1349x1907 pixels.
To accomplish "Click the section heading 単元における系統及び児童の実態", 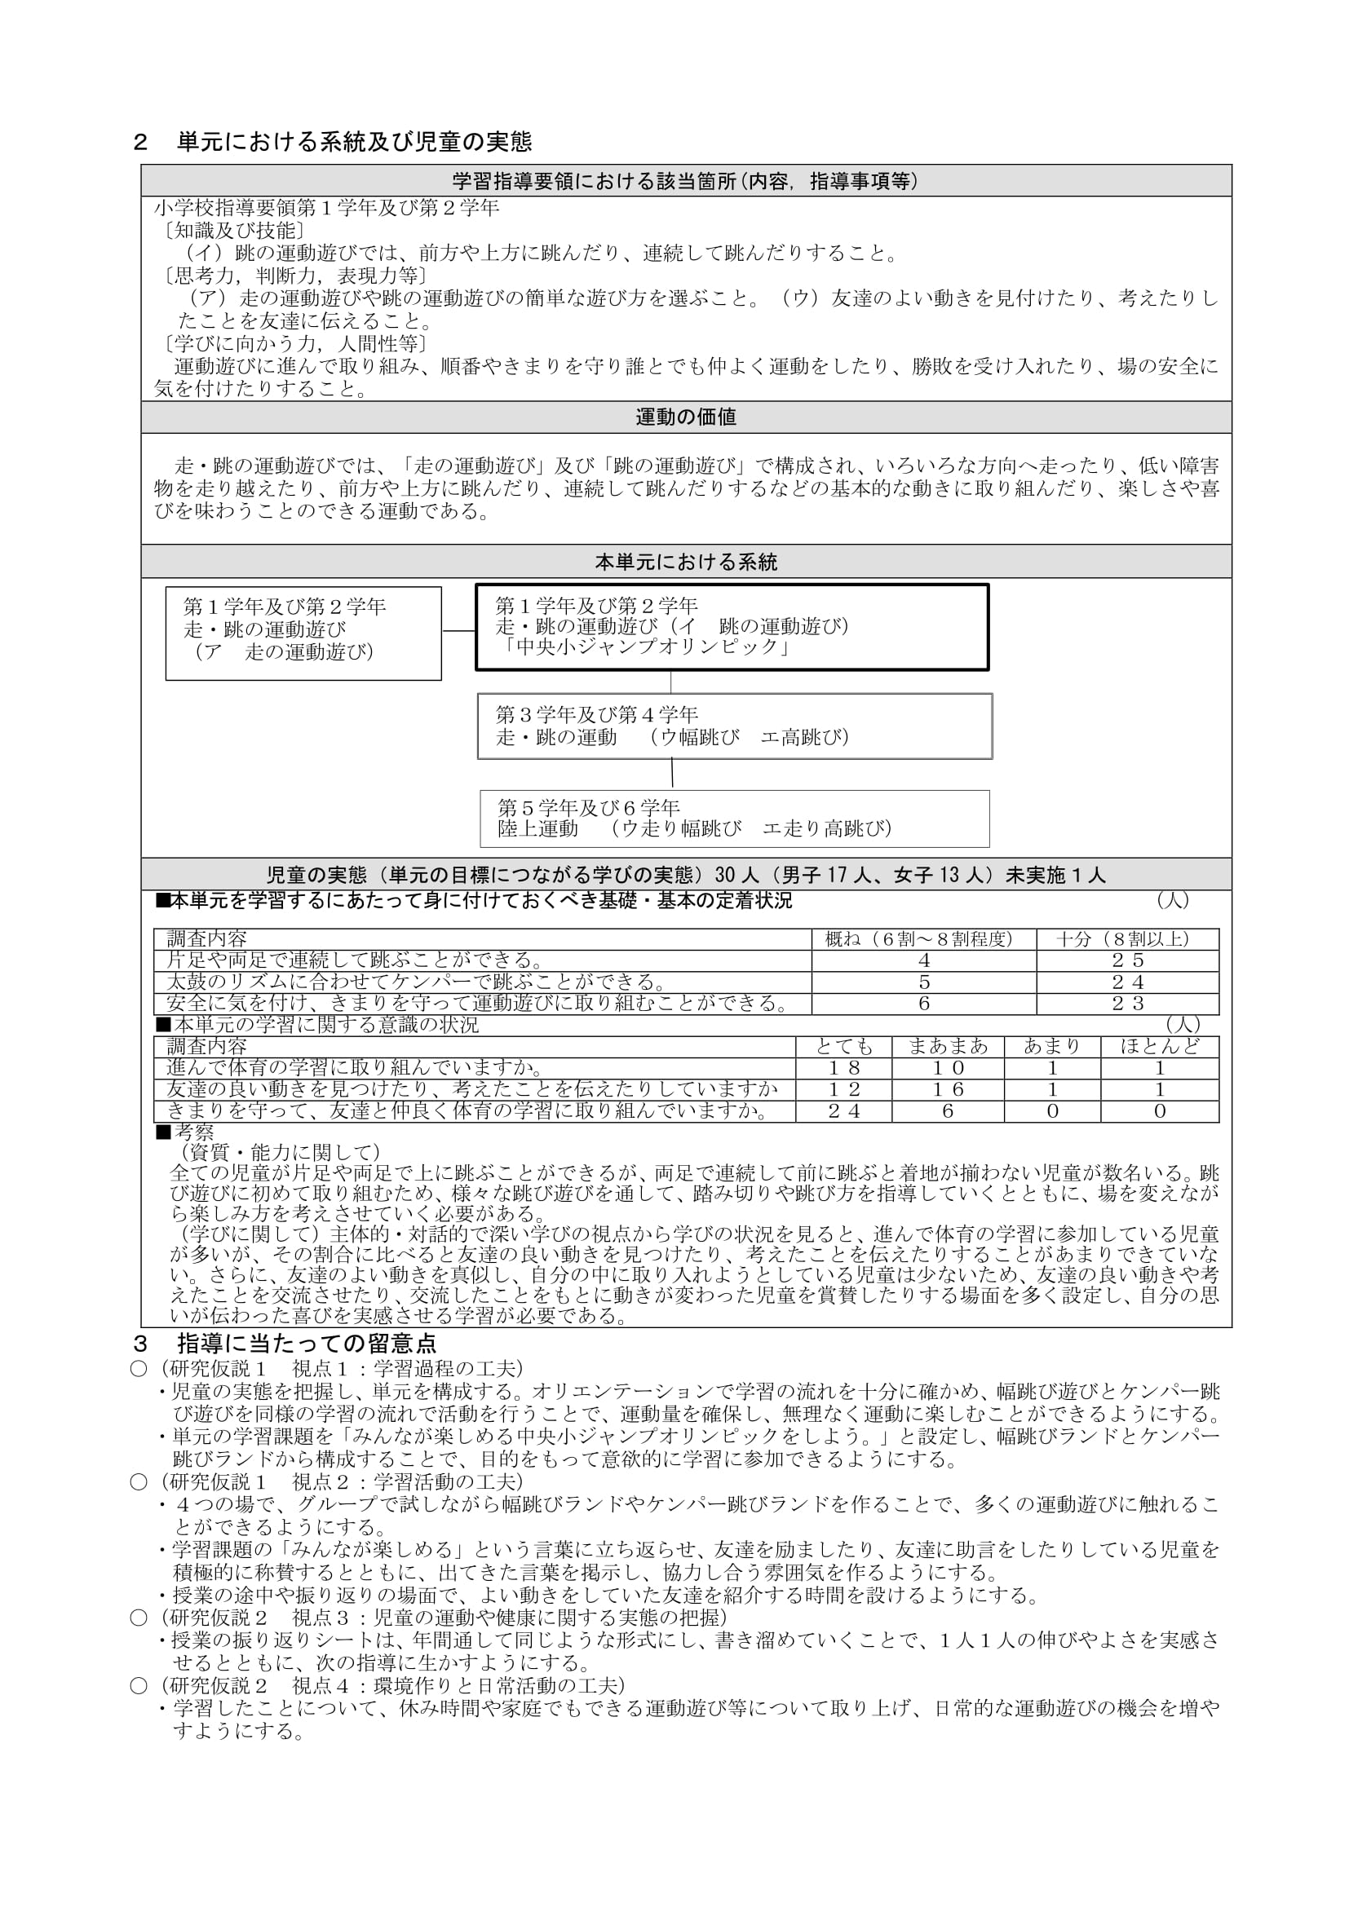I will click(354, 142).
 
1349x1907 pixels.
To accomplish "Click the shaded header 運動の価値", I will click(685, 417).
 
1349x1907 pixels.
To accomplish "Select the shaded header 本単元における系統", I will click(685, 563).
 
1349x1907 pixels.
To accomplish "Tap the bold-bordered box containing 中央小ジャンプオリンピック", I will click(731, 627).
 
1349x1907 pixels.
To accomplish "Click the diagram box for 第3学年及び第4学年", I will click(734, 726).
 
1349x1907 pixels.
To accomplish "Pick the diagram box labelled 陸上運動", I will click(734, 818).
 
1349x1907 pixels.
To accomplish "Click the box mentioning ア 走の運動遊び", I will click(303, 633).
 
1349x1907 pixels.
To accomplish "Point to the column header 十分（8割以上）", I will click(1127, 938).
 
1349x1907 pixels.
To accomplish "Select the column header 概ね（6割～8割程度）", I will click(924, 938).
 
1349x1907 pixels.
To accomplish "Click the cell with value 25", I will click(1127, 960).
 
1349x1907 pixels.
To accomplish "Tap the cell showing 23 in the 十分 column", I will click(1127, 1004).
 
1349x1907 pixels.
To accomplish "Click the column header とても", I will click(843, 1047).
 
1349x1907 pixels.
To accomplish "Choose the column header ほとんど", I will click(1160, 1047).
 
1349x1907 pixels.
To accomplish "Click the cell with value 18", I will click(843, 1068).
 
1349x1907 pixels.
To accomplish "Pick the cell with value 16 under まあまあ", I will click(947, 1090).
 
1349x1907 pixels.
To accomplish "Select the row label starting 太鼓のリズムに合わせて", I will click(415, 982).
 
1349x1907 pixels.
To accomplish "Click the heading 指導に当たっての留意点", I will click(307, 1344).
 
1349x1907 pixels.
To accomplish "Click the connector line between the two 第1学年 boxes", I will click(458, 631).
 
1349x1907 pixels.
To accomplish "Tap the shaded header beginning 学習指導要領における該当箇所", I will click(685, 181).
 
